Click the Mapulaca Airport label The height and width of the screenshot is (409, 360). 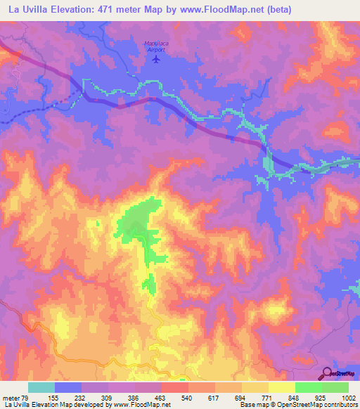(x=155, y=46)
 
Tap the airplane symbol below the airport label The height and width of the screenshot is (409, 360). (x=155, y=58)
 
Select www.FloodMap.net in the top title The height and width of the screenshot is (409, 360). (x=207, y=9)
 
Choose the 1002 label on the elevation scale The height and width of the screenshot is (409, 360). (x=349, y=397)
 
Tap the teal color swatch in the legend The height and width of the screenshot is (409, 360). (x=41, y=387)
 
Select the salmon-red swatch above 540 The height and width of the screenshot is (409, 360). (x=174, y=387)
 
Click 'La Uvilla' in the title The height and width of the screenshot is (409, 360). (x=23, y=9)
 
